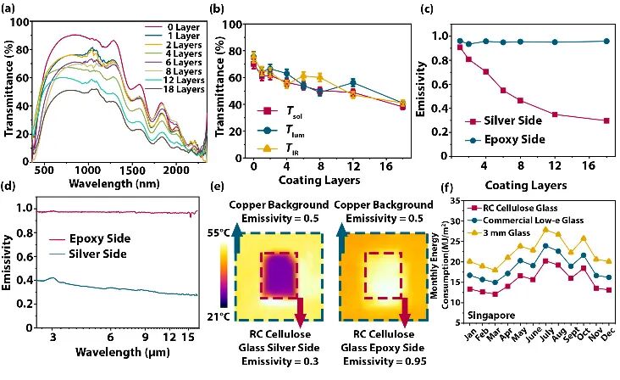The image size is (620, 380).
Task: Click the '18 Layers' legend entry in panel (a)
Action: pos(174,89)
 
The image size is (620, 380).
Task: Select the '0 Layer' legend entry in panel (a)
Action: pos(174,27)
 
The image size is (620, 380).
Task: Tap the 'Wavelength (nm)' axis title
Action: pos(114,184)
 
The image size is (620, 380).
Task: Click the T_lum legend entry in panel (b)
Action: pos(280,131)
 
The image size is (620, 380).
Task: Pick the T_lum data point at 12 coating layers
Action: pos(353,83)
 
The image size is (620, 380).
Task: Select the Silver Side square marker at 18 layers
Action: pos(606,120)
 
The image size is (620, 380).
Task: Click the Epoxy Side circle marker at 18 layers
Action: pos(606,42)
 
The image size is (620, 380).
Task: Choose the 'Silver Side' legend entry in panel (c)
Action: pos(502,120)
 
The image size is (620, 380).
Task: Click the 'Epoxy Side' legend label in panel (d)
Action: pos(100,238)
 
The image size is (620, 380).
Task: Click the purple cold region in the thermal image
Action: pos(280,276)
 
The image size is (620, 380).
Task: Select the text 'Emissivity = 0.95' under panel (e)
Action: pos(385,361)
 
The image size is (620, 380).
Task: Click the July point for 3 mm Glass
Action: pos(546,230)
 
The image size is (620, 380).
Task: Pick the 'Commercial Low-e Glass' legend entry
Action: pos(525,221)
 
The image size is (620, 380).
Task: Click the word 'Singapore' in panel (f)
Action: pos(491,316)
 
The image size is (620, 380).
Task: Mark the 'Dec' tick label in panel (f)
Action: pos(608,332)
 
